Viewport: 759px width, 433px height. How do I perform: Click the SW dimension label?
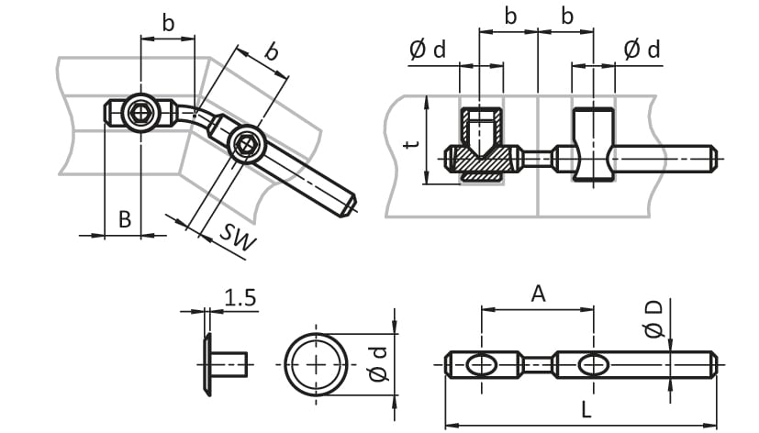[x=238, y=237]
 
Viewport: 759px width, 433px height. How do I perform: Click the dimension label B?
[x=125, y=219]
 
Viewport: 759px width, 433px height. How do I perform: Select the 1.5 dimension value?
[x=240, y=298]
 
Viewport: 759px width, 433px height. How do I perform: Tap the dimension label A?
[x=538, y=294]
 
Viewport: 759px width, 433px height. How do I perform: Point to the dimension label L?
[x=586, y=410]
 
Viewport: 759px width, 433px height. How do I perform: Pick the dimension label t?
[x=412, y=143]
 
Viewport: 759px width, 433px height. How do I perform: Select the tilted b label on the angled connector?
[x=272, y=51]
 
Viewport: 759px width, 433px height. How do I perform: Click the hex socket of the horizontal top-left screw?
[x=140, y=113]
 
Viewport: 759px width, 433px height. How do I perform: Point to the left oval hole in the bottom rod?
[x=481, y=365]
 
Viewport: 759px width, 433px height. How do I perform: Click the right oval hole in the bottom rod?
[x=594, y=365]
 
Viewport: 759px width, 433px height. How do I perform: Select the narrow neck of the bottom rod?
[x=537, y=365]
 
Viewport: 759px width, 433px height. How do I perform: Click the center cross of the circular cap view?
[x=316, y=365]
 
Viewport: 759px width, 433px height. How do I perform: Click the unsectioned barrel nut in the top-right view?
[x=594, y=145]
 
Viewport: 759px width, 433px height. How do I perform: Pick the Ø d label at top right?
[x=642, y=50]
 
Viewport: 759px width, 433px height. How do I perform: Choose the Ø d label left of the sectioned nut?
[x=428, y=50]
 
